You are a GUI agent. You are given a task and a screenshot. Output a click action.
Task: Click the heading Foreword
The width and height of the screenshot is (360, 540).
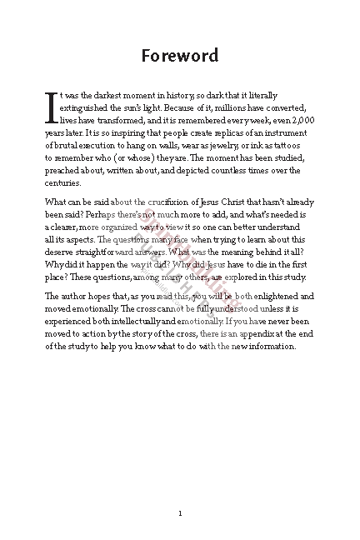click(x=180, y=56)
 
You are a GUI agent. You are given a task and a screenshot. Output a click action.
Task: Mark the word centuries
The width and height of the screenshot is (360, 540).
click(x=62, y=182)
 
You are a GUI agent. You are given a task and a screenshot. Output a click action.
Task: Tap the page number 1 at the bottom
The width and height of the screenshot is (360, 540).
click(x=180, y=490)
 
